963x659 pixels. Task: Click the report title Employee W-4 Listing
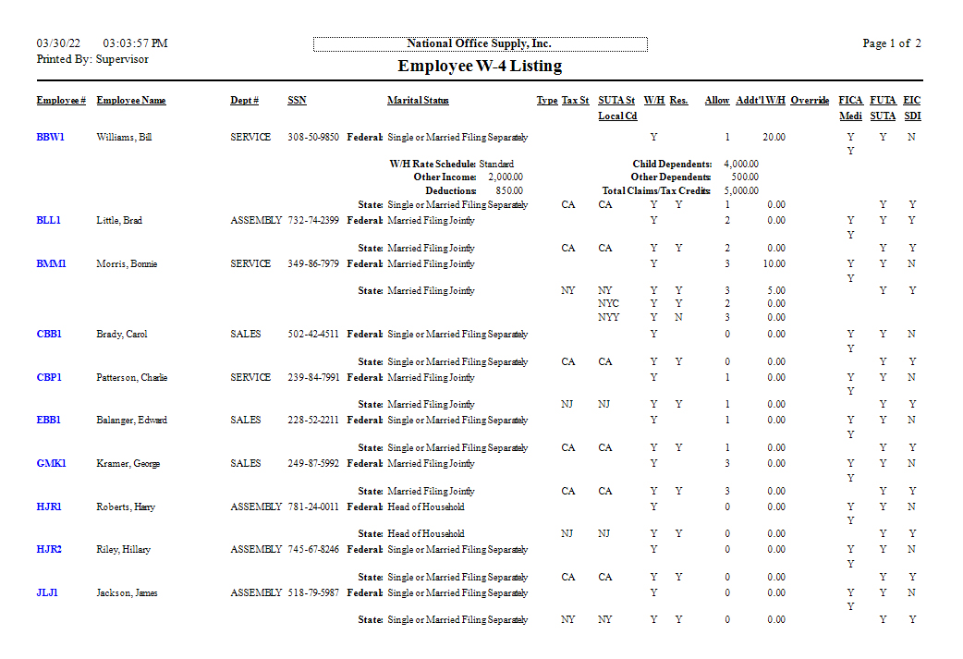click(480, 67)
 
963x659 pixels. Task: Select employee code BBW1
click(50, 137)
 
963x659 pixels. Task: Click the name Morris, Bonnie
click(127, 263)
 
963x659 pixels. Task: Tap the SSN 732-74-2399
click(313, 220)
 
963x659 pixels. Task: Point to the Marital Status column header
click(418, 100)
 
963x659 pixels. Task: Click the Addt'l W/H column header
click(761, 100)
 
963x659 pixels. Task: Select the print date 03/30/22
click(59, 43)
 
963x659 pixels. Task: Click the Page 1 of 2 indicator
click(891, 43)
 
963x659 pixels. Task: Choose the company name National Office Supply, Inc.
click(480, 43)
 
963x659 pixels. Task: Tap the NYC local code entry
click(608, 303)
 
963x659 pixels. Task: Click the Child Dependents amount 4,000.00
click(741, 164)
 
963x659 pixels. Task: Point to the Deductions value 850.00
click(509, 190)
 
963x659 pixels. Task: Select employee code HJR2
click(49, 549)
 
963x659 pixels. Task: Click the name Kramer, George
click(128, 463)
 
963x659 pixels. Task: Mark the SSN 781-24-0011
click(313, 506)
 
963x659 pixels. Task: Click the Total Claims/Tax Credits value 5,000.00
click(741, 190)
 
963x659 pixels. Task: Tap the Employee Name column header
click(131, 100)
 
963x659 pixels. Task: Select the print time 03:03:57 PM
click(136, 43)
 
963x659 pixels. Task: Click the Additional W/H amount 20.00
click(774, 137)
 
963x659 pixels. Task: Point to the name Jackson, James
click(127, 592)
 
